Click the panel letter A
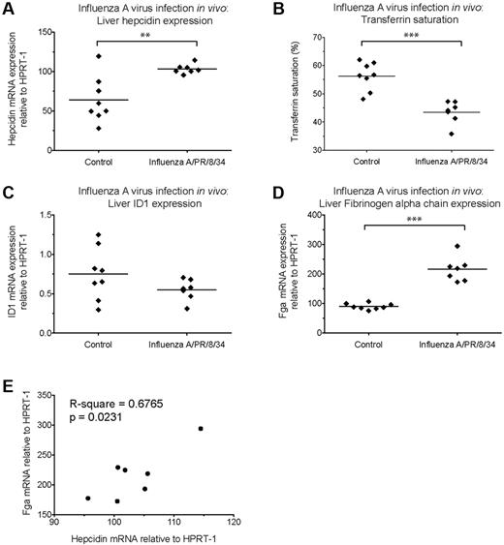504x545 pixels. [8, 11]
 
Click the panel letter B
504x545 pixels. [265, 11]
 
